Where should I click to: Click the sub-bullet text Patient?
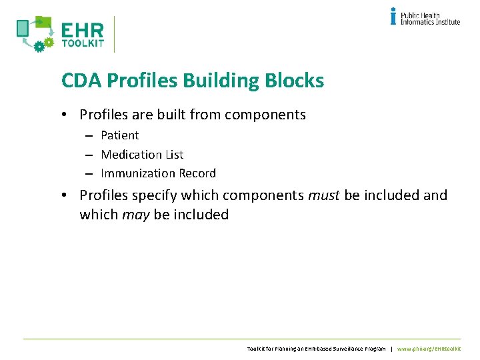pyautogui.click(x=119, y=135)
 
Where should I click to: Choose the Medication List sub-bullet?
pyautogui.click(x=142, y=155)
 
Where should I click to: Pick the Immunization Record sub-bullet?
pyautogui.click(x=158, y=173)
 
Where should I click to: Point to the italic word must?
pyautogui.click(x=323, y=196)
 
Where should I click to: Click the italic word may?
pyautogui.click(x=135, y=215)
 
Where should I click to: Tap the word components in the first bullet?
pyautogui.click(x=265, y=115)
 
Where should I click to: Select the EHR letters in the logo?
pyautogui.click(x=82, y=31)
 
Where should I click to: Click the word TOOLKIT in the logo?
pyautogui.click(x=82, y=44)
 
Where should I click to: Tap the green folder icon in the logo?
pyautogui.click(x=43, y=22)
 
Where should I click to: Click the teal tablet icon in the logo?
pyautogui.click(x=23, y=28)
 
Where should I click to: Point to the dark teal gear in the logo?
pyautogui.click(x=39, y=46)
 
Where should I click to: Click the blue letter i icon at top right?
pyautogui.click(x=393, y=16)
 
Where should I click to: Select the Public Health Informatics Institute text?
pyautogui.click(x=430, y=18)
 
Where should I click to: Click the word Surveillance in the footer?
pyautogui.click(x=343, y=349)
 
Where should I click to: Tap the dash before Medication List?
pyautogui.click(x=88, y=155)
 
